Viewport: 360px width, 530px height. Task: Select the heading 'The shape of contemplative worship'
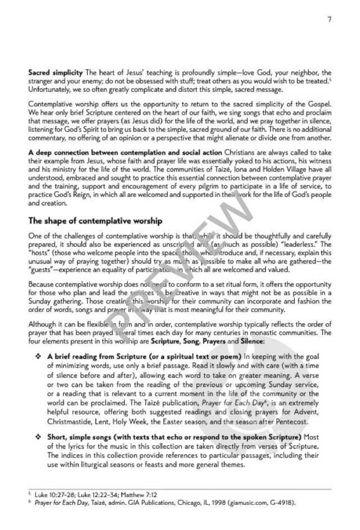[x=95, y=220]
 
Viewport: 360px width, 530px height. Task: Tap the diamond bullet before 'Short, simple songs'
[x=38, y=437]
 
